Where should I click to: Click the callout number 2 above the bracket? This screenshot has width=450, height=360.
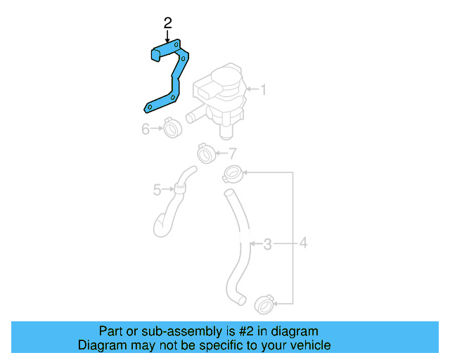pos(167,23)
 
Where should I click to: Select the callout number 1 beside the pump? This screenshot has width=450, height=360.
pos(264,89)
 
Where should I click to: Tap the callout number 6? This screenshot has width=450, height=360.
pos(146,129)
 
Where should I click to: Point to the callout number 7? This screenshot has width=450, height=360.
pos(233,152)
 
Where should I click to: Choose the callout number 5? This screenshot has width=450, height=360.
pos(157,188)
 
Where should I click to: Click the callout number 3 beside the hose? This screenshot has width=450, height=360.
pos(267,244)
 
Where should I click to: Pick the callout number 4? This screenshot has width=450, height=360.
pos(303,244)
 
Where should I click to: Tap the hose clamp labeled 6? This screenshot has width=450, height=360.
pos(172,129)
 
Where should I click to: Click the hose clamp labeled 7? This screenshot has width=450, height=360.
pos(206,152)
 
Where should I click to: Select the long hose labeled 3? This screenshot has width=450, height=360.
pos(238,246)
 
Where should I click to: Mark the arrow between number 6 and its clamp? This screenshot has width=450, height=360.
pos(157,129)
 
